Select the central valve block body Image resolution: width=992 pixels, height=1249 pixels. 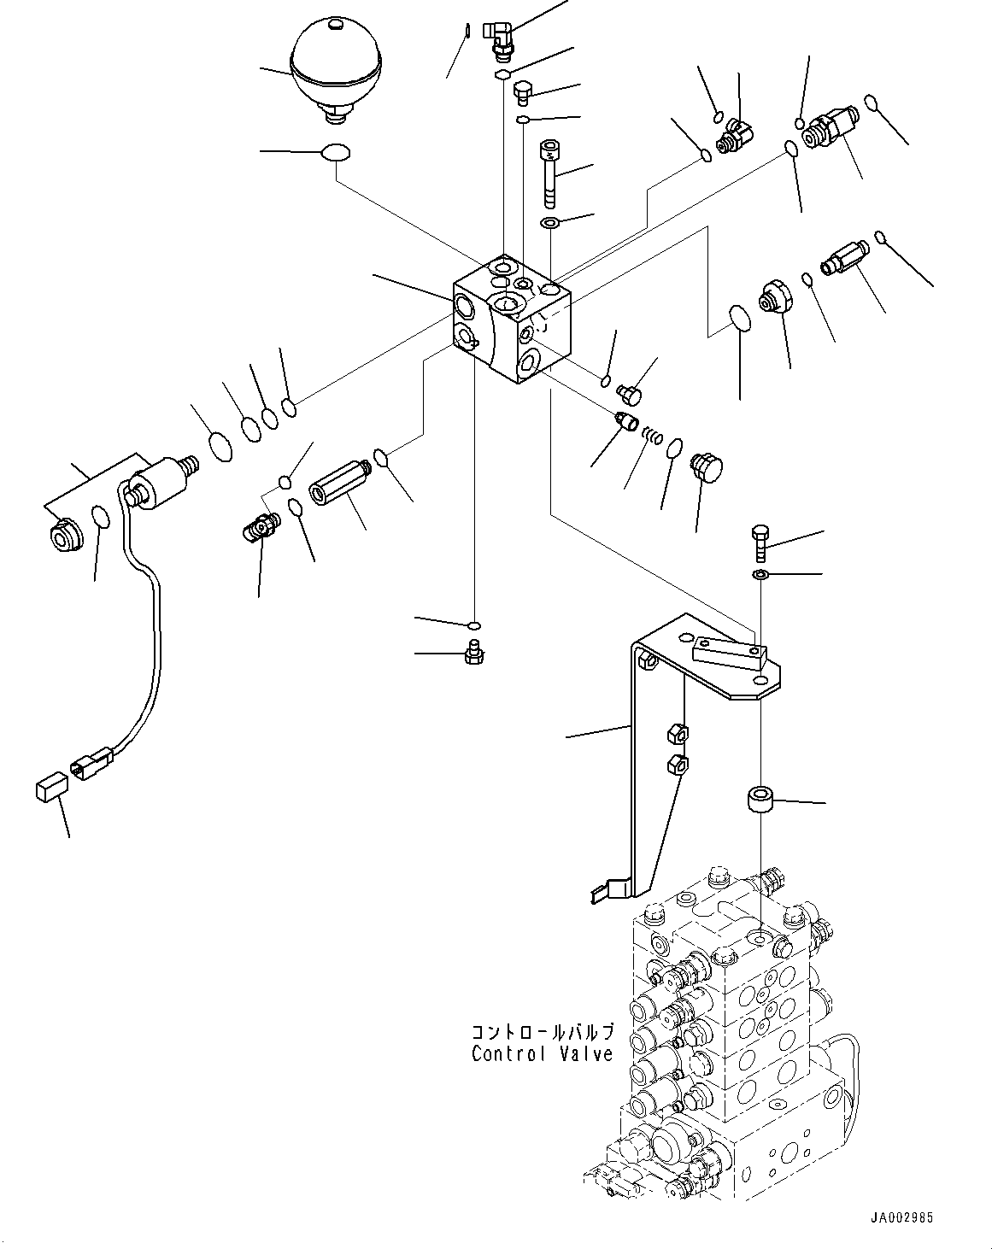click(x=511, y=320)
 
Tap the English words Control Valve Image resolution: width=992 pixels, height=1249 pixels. click(x=542, y=1054)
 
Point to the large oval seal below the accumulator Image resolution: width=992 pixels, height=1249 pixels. click(x=337, y=153)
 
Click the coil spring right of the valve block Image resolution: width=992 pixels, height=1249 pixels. click(x=653, y=435)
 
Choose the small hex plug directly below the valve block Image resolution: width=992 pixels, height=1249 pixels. click(x=471, y=654)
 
